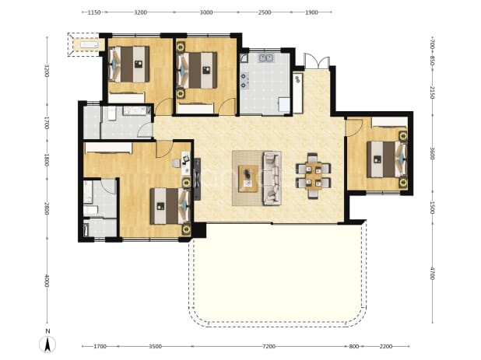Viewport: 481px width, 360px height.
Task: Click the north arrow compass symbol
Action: coord(47,344)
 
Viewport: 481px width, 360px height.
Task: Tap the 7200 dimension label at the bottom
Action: coord(269,347)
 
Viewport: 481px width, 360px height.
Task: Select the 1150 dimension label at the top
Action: coord(94,12)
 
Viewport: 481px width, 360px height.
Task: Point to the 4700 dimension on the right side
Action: coord(432,273)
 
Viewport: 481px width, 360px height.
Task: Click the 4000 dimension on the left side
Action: coord(47,281)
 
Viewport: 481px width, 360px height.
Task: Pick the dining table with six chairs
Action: coord(313,176)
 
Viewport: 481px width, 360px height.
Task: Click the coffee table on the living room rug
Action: coord(248,179)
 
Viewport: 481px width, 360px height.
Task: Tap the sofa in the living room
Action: coord(272,178)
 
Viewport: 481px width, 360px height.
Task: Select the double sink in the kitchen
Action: coord(266,58)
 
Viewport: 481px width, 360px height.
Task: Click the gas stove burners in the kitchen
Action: coord(245,80)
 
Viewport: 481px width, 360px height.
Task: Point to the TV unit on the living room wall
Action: coord(197,179)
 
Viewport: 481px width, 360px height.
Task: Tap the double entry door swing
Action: coord(317,61)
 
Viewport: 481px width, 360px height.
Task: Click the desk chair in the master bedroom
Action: coord(177,163)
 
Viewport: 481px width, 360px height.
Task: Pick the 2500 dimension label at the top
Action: coord(265,12)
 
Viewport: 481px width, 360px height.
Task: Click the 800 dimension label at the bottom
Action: coord(354,347)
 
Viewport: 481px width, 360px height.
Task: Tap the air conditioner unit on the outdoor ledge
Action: coord(90,45)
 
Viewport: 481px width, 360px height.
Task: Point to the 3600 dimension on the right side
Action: coord(432,153)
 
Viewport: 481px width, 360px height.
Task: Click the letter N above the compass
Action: coord(47,331)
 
